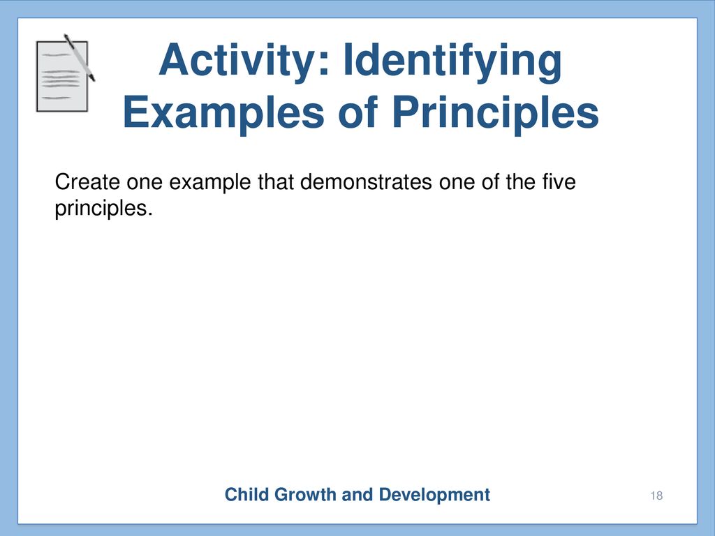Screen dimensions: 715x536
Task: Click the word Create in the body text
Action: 87,182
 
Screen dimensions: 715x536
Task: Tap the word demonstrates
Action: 366,182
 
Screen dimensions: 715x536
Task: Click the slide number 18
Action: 656,496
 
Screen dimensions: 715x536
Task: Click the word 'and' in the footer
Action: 357,495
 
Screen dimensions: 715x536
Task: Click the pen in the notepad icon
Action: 80,57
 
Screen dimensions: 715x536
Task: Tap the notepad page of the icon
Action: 61,77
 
